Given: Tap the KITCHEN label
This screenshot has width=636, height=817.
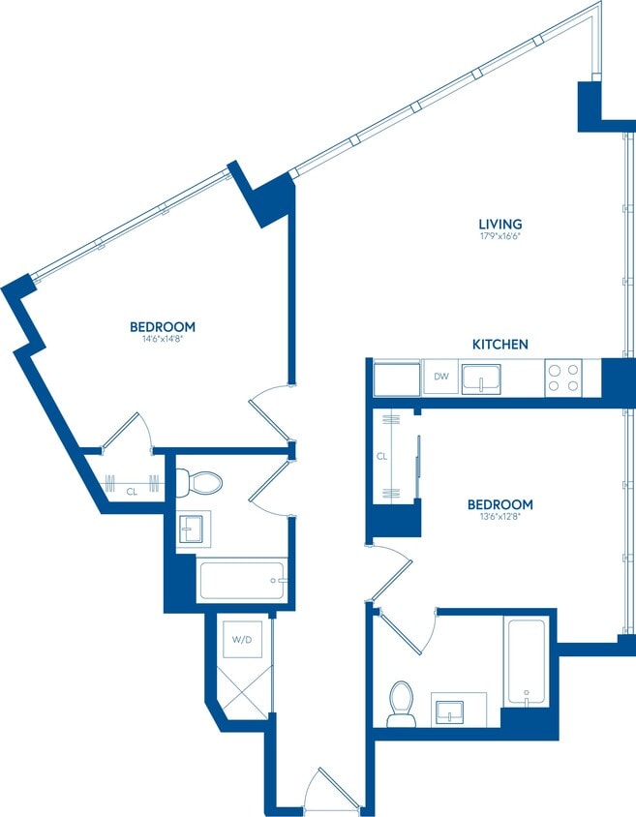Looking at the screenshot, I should point(500,345).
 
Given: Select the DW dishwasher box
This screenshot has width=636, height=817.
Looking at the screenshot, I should point(440,377).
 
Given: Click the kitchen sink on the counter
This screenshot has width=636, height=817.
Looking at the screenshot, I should point(481,378).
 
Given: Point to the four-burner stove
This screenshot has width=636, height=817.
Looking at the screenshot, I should point(562,377).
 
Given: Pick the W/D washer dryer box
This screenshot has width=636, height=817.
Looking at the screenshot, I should point(239,640).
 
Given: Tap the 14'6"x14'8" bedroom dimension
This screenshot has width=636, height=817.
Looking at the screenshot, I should point(163,339).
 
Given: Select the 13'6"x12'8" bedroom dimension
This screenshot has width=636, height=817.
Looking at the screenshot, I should point(500,518).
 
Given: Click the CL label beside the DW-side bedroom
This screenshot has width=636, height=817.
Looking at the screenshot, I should point(382,455).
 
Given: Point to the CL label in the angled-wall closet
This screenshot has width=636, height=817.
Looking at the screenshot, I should point(132,492).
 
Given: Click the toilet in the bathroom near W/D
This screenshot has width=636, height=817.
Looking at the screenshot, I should point(203,481).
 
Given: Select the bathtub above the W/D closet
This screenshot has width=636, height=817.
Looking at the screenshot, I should point(241,581).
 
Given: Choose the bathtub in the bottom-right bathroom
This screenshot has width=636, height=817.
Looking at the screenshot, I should point(525,660).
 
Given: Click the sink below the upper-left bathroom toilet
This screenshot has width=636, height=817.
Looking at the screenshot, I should point(194,530).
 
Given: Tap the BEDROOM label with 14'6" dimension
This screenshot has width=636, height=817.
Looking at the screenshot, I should point(163,326).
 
